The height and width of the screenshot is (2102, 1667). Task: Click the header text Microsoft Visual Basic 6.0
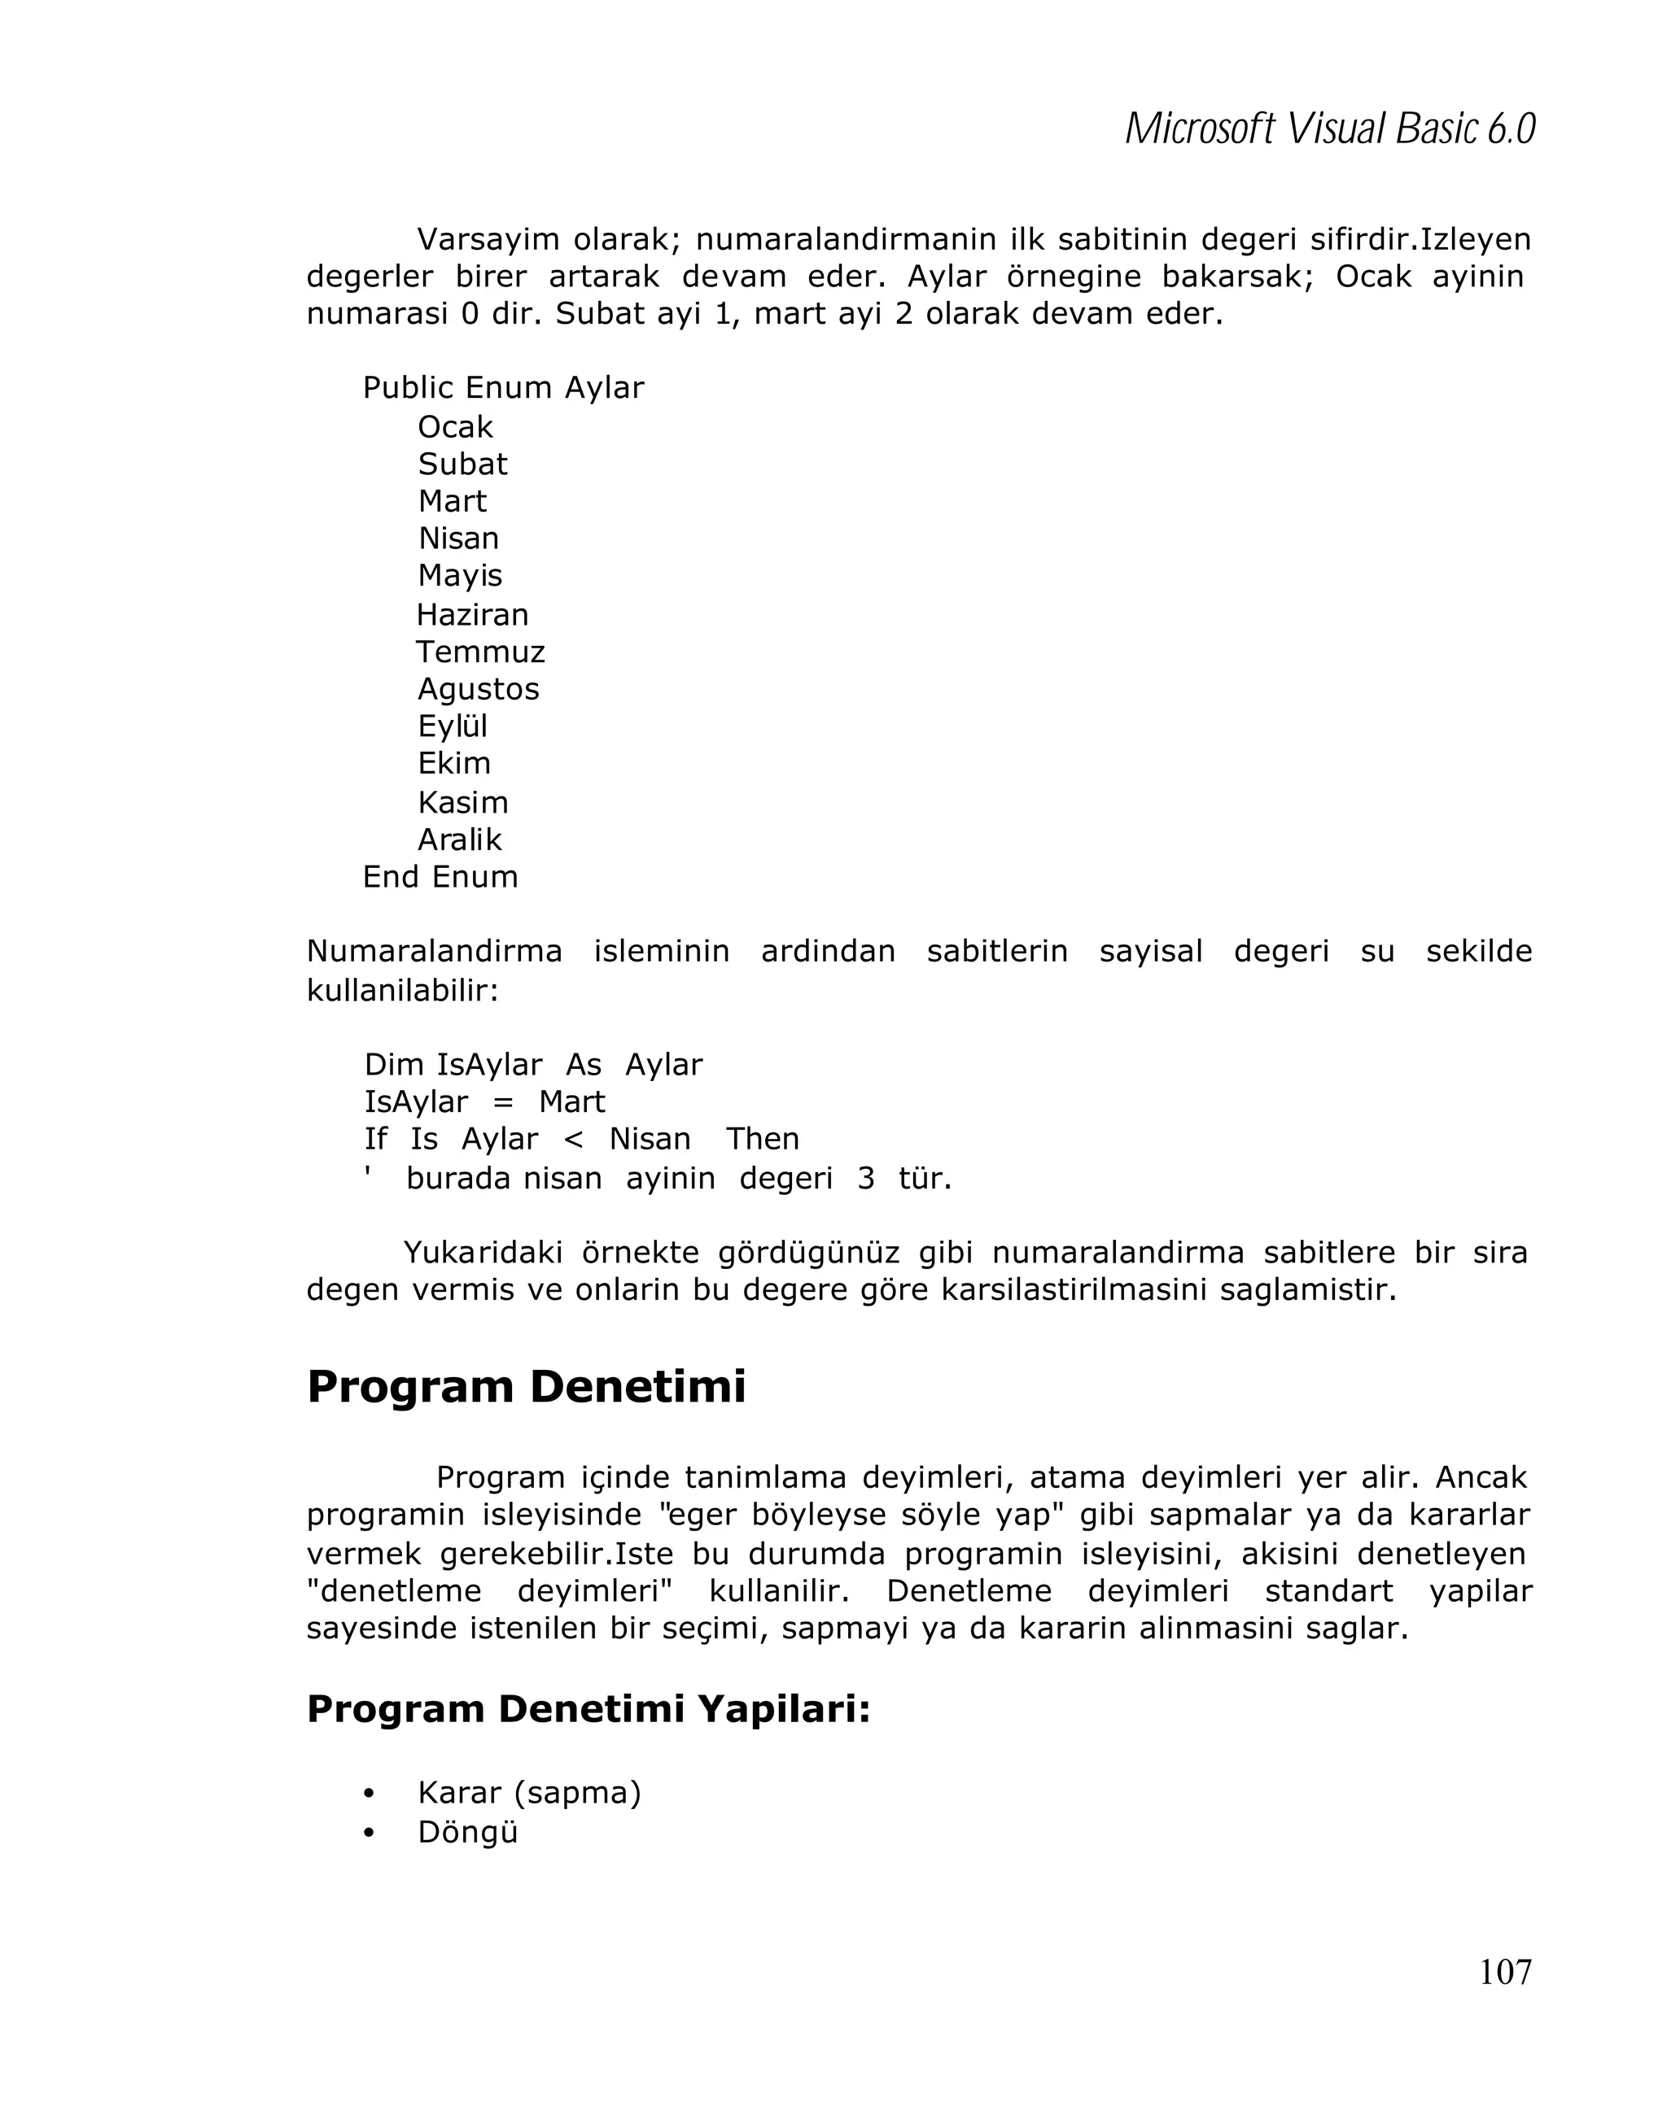(1328, 129)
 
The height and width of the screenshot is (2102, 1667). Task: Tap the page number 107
(1504, 1971)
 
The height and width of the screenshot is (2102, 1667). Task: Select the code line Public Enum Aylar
(502, 388)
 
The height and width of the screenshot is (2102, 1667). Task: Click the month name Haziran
(472, 615)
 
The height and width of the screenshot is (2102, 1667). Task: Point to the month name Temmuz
(480, 652)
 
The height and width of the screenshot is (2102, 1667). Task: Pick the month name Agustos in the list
(478, 689)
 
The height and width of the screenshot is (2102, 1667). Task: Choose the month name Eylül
(452, 726)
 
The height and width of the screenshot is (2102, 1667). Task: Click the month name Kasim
(462, 802)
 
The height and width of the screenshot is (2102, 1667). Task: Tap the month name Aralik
(458, 839)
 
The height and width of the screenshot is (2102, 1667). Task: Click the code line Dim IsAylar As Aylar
(532, 1065)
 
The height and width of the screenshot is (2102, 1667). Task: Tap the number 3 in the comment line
(865, 1179)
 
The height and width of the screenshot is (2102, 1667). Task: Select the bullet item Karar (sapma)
(529, 1792)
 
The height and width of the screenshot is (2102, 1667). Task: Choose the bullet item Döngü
(467, 1832)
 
